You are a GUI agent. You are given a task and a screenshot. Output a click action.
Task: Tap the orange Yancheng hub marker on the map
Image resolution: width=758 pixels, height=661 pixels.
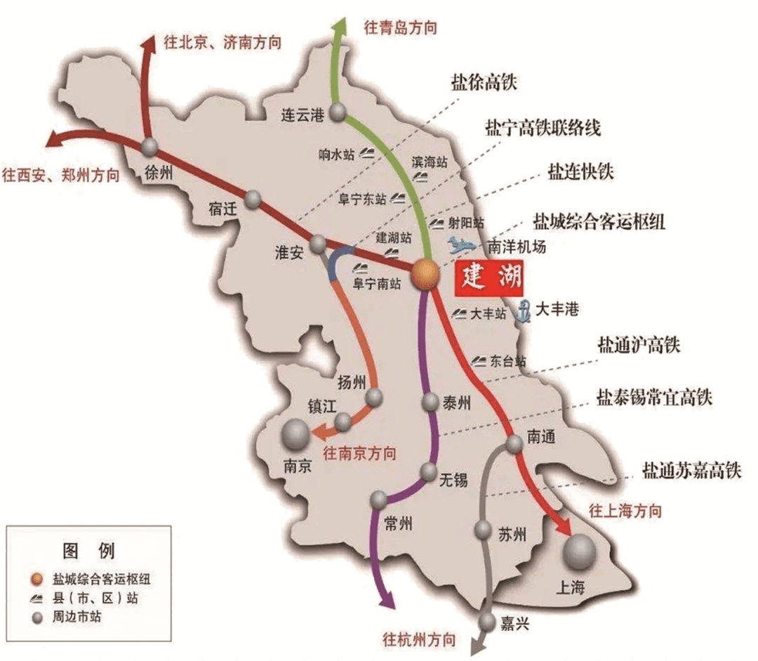tap(425, 274)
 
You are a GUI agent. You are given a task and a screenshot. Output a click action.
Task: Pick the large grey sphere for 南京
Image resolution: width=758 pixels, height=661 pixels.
tap(295, 435)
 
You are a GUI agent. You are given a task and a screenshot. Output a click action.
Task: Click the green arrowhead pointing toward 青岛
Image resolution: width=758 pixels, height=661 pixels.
tap(340, 26)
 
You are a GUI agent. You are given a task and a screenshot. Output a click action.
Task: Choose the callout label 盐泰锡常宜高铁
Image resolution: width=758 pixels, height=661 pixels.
tap(654, 398)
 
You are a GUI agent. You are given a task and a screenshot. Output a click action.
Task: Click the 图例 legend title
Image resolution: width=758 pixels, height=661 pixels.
tap(88, 549)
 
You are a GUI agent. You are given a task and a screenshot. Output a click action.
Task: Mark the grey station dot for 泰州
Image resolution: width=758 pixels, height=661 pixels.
tap(431, 403)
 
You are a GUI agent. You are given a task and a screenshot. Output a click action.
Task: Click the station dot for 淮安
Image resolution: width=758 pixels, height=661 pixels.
tap(319, 243)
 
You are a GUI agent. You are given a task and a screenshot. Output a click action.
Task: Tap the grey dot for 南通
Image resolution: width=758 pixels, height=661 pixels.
tap(514, 443)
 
